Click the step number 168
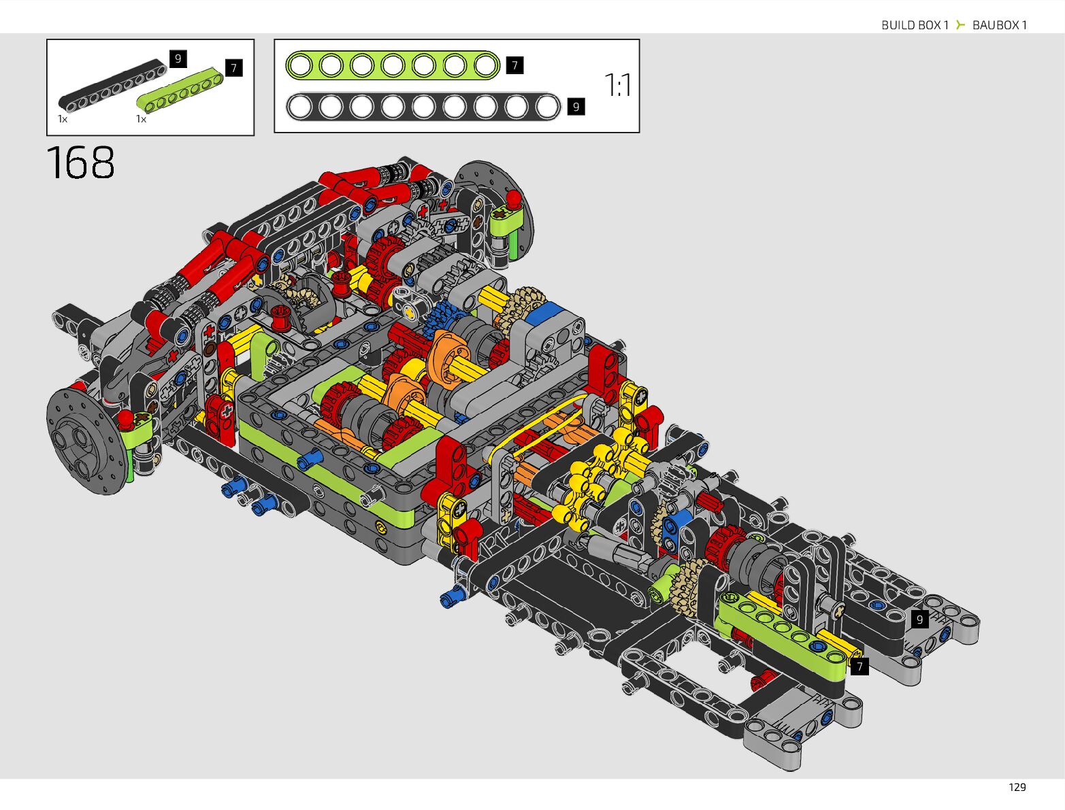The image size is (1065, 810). (x=80, y=163)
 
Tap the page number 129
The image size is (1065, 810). (x=1017, y=787)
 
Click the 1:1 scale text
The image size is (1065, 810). (x=618, y=85)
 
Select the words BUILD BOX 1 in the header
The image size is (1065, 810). (x=915, y=25)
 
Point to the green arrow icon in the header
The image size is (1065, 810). (x=960, y=24)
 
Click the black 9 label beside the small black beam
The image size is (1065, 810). (x=178, y=58)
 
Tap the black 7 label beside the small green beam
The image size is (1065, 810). (x=234, y=68)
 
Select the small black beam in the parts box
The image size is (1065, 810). (x=112, y=85)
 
